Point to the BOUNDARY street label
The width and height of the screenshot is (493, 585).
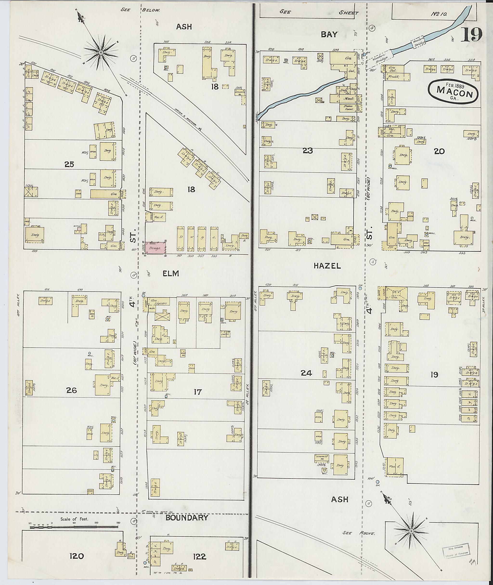click(187, 518)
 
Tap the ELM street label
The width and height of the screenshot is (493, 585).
click(171, 274)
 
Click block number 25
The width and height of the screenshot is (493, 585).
click(69, 164)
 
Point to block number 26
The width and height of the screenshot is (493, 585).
click(71, 390)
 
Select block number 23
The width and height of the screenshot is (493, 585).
click(307, 151)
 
